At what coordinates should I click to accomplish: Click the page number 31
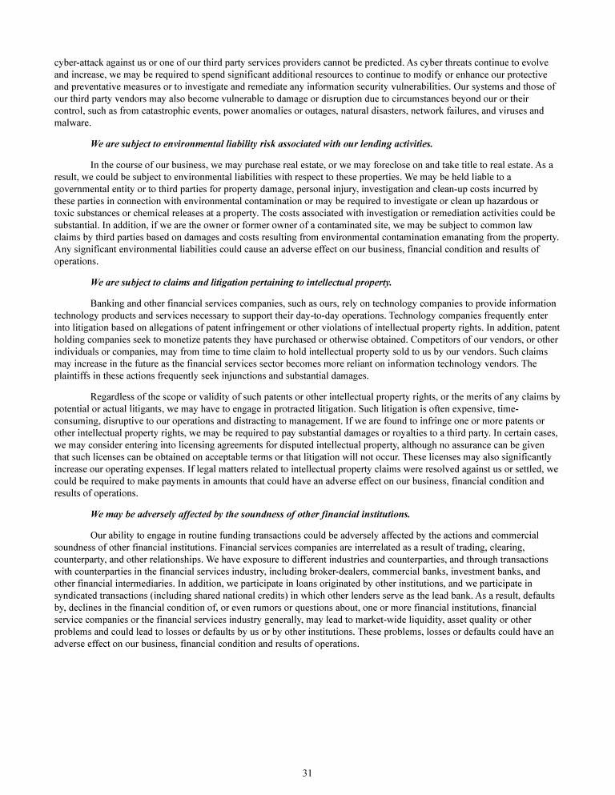coord(307,773)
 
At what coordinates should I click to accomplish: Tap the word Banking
coord(111,303)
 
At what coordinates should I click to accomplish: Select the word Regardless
coord(117,397)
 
